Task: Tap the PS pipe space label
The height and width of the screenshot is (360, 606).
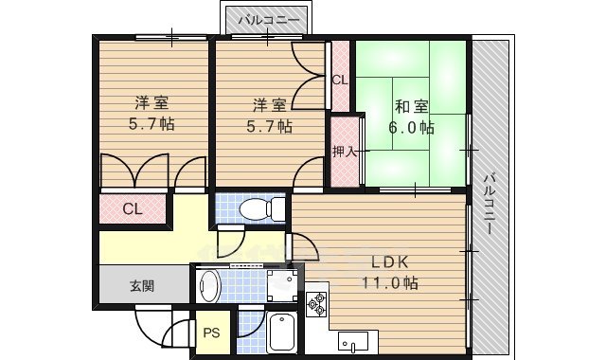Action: coord(212,333)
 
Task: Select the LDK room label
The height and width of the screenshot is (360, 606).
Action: coord(389,262)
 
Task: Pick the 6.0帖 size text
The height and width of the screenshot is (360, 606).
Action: coord(411,127)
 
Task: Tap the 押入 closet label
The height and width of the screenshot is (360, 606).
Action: coord(344,150)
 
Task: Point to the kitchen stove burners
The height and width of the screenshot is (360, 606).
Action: coord(315,304)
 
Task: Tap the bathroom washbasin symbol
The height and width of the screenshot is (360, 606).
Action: coord(209,284)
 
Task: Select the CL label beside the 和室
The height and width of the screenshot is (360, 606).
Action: coord(339,81)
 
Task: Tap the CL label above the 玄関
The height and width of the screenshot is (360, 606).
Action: coord(133,208)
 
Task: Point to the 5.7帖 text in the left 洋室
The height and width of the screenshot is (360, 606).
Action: coord(151,123)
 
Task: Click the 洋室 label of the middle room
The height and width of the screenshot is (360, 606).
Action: coord(269,104)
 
